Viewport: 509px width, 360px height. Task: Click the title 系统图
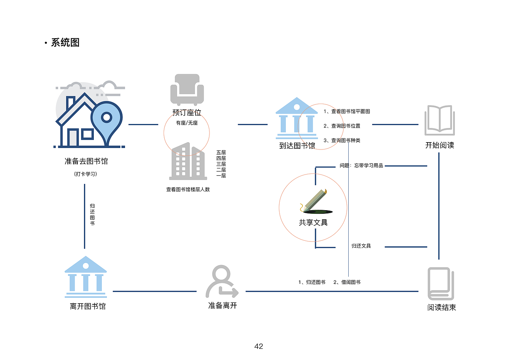(65, 43)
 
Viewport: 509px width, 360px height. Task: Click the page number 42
(258, 347)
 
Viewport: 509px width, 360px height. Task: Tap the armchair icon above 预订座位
(187, 89)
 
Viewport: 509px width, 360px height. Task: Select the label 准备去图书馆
(86, 161)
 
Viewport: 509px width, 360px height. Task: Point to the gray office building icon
(188, 161)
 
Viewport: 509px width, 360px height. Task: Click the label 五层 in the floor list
(221, 152)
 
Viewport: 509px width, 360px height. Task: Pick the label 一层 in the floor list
(221, 176)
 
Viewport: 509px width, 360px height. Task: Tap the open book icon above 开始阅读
(440, 119)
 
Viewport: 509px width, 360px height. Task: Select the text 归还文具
(361, 246)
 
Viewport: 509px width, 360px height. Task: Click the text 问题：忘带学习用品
(361, 165)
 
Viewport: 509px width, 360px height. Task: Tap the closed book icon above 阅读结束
(441, 284)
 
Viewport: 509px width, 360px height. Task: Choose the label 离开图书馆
(88, 307)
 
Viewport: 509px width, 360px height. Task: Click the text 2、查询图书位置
(342, 126)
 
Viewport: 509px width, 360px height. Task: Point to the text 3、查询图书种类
(342, 140)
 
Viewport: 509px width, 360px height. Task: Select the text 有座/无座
(187, 123)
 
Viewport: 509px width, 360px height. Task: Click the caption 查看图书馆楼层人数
(188, 189)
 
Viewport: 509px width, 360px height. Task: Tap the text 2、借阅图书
(347, 282)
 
